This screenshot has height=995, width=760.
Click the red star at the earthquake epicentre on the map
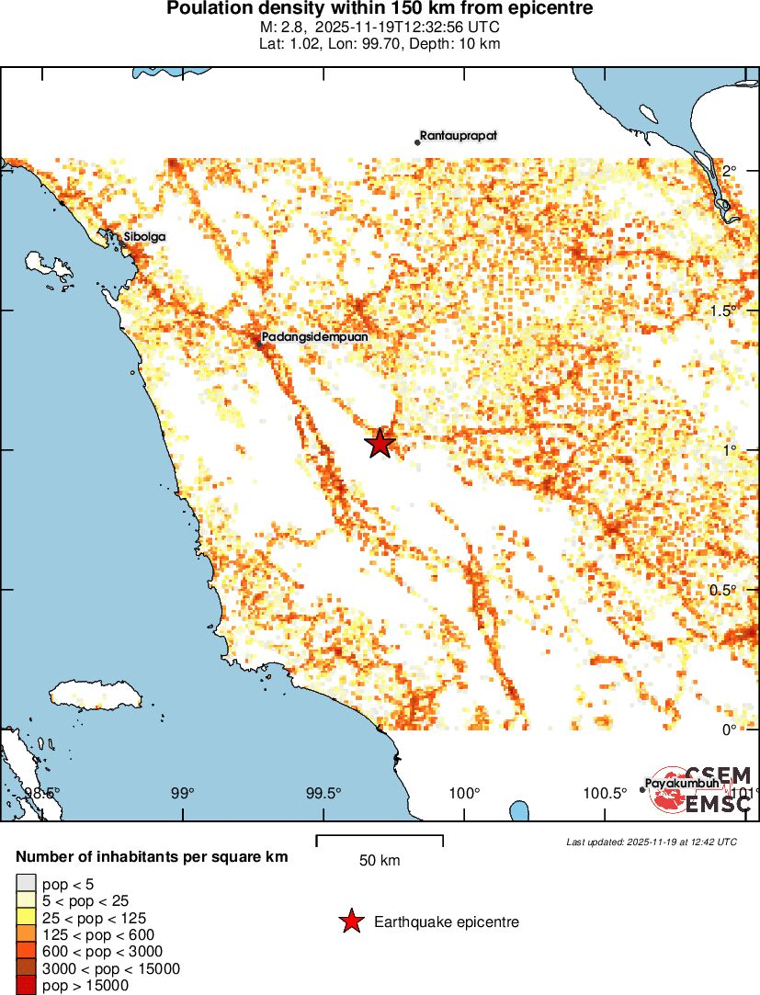[380, 443]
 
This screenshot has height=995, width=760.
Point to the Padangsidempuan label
[315, 337]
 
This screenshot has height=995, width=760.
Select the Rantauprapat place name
[459, 136]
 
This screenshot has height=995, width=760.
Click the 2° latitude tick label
[731, 172]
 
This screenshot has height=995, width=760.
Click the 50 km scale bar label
[380, 861]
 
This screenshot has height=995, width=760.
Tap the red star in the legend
[350, 922]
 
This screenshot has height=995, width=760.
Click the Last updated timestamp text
[652, 842]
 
